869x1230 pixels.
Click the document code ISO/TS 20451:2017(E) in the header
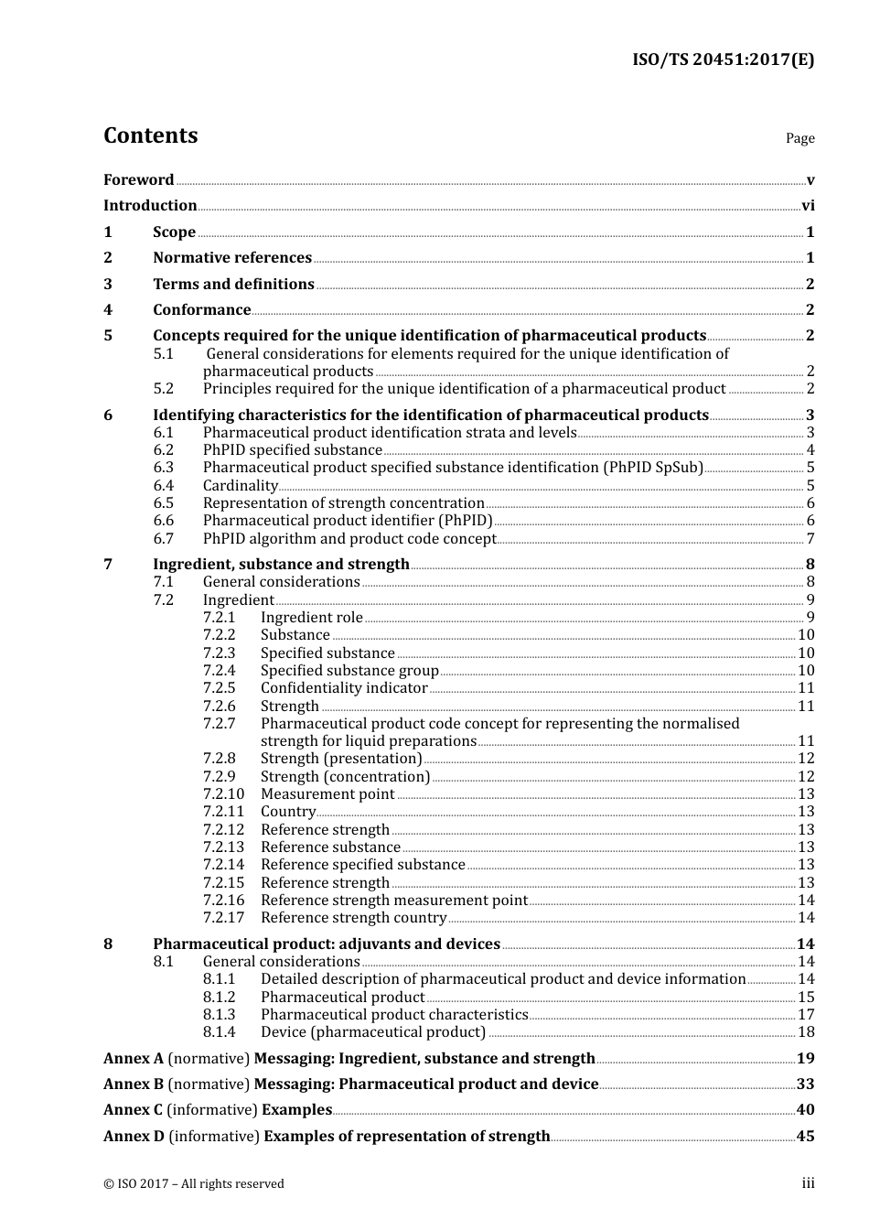point(723,60)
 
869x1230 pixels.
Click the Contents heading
point(150,135)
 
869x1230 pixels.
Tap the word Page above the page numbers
point(799,138)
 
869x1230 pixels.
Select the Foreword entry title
point(138,180)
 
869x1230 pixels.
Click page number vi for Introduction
point(808,206)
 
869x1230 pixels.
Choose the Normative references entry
point(232,258)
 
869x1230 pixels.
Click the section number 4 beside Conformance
point(108,310)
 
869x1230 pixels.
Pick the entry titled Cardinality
point(240,486)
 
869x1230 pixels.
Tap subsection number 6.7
point(164,539)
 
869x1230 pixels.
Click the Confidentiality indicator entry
point(344,688)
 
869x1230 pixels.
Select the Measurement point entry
point(327,794)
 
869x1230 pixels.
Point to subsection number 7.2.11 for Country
point(223,812)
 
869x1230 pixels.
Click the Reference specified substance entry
point(363,865)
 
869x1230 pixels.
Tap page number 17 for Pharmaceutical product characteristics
point(806,1015)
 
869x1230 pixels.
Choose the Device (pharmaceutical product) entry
point(373,1032)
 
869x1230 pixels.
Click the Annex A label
point(134,1059)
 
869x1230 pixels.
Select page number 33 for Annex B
point(805,1084)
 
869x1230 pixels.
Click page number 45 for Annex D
point(805,1137)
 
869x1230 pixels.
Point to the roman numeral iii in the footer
point(808,1183)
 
